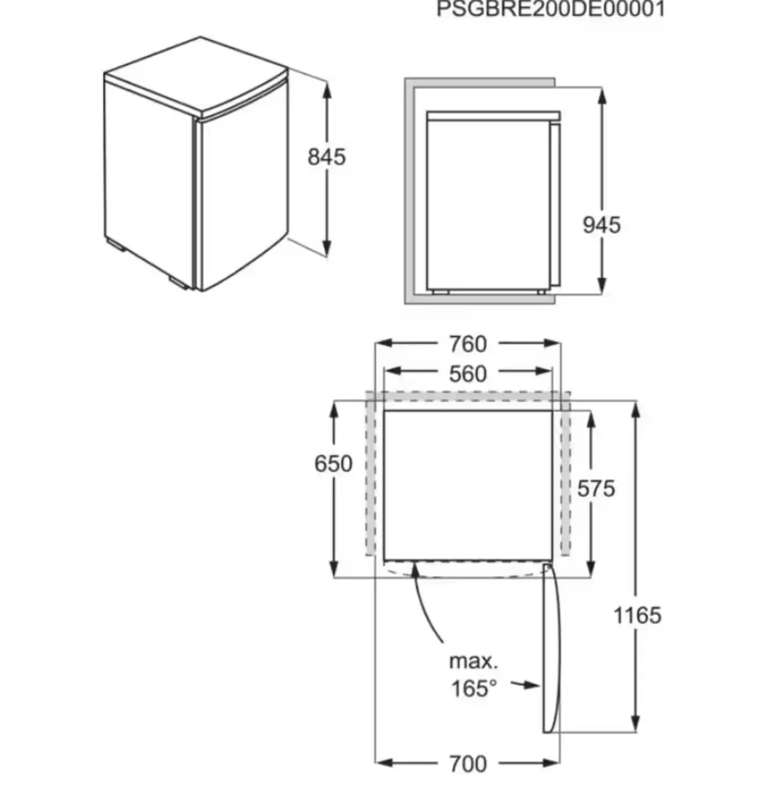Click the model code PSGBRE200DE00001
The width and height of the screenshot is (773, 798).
(x=550, y=9)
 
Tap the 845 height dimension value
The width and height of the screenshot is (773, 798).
(x=326, y=157)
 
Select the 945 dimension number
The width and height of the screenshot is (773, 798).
(x=602, y=225)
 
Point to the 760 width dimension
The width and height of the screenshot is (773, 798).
(x=468, y=344)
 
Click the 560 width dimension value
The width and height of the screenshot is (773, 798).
(x=468, y=374)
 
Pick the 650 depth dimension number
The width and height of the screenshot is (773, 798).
(x=333, y=464)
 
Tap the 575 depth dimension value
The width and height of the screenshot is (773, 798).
(x=596, y=488)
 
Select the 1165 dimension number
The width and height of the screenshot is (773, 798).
(x=637, y=616)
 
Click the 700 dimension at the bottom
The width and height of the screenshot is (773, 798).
(x=468, y=764)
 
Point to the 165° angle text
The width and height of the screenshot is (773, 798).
(x=474, y=688)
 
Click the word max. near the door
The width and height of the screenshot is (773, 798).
(x=474, y=662)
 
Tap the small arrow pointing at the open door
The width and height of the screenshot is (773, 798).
(x=525, y=684)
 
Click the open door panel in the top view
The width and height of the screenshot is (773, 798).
(x=551, y=648)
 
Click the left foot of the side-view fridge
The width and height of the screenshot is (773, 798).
(x=440, y=292)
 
